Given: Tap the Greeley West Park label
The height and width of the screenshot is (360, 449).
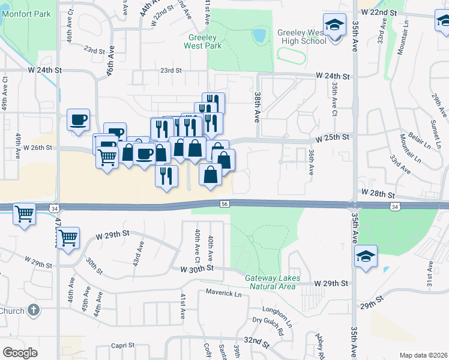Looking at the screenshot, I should (x=202, y=41).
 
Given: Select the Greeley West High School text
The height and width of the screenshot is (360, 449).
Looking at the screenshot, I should (x=301, y=37).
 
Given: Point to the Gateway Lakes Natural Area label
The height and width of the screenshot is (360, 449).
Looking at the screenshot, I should (x=270, y=282).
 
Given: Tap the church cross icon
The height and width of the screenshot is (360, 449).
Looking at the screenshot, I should (x=34, y=310).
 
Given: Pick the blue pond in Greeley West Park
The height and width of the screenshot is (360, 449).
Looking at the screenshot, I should (x=259, y=35).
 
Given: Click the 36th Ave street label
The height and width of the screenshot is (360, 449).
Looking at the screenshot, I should (x=312, y=162).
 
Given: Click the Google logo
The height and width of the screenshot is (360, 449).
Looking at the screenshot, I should (x=20, y=353).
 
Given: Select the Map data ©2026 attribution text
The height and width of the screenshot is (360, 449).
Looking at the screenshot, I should (x=423, y=355).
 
